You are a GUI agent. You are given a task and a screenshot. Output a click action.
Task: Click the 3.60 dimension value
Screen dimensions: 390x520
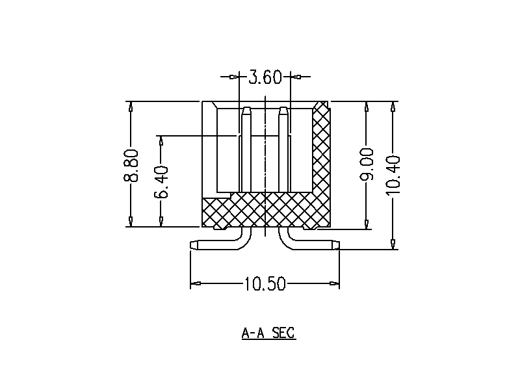pyautogui.click(x=265, y=78)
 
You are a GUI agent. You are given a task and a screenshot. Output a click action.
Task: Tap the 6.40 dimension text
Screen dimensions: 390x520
pyautogui.click(x=161, y=181)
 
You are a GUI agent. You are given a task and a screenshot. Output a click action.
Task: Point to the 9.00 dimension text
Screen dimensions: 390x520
pyautogui.click(x=367, y=164)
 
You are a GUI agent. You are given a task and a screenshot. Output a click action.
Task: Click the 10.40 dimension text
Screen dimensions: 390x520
pyautogui.click(x=393, y=174)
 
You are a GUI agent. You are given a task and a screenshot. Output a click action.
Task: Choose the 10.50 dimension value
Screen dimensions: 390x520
pyautogui.click(x=265, y=284)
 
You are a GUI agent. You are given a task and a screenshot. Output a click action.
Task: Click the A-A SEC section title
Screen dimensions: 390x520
pyautogui.click(x=268, y=333)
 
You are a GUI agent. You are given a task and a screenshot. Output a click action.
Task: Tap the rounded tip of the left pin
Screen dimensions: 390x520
pyautogui.click(x=246, y=110)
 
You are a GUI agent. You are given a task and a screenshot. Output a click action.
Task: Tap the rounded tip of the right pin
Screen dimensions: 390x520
pyautogui.click(x=283, y=110)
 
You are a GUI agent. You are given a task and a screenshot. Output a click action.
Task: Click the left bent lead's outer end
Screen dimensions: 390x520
pyautogui.click(x=193, y=246)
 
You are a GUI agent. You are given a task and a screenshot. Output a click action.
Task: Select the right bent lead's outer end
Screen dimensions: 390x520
pyautogui.click(x=336, y=246)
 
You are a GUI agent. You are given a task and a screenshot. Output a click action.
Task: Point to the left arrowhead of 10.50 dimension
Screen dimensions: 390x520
pyautogui.click(x=194, y=284)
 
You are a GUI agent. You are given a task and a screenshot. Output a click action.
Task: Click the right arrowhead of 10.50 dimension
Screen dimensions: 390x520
pyautogui.click(x=335, y=284)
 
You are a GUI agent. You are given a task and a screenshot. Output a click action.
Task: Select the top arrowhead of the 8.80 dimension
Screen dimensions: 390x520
pyautogui.click(x=131, y=107)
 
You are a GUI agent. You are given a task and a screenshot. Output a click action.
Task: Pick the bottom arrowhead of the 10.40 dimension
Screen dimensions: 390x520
pyautogui.click(x=393, y=244)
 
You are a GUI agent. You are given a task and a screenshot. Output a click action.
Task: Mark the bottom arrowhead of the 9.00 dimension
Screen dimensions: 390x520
pyautogui.click(x=367, y=224)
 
